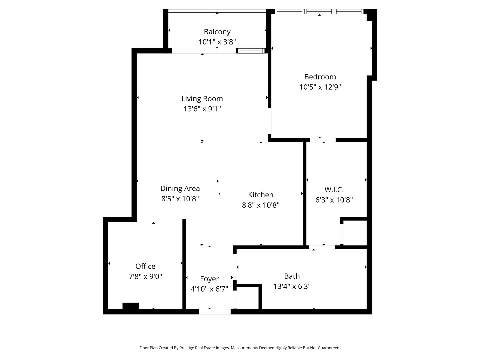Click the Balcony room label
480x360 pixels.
click(x=217, y=32)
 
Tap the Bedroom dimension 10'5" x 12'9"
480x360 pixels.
click(x=320, y=87)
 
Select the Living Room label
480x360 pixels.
click(x=202, y=99)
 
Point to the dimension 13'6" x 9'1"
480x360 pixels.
click(x=202, y=109)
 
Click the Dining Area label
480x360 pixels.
click(x=180, y=188)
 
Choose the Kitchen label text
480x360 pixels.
click(x=261, y=195)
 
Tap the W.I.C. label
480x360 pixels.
click(x=334, y=190)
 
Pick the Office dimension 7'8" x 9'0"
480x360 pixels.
click(x=145, y=276)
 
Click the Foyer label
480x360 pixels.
click(x=209, y=279)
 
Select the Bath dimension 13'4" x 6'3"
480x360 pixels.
click(x=292, y=286)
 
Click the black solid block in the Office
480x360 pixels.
click(x=131, y=306)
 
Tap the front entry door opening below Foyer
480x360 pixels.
click(x=215, y=312)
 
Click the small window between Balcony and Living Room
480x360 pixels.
click(x=251, y=51)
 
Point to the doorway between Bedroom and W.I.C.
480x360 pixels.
click(x=322, y=140)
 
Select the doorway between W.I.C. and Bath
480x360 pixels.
click(x=322, y=247)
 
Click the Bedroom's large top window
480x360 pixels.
click(x=319, y=12)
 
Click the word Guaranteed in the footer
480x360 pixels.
click(x=328, y=348)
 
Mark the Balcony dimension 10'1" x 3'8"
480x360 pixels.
click(x=217, y=42)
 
